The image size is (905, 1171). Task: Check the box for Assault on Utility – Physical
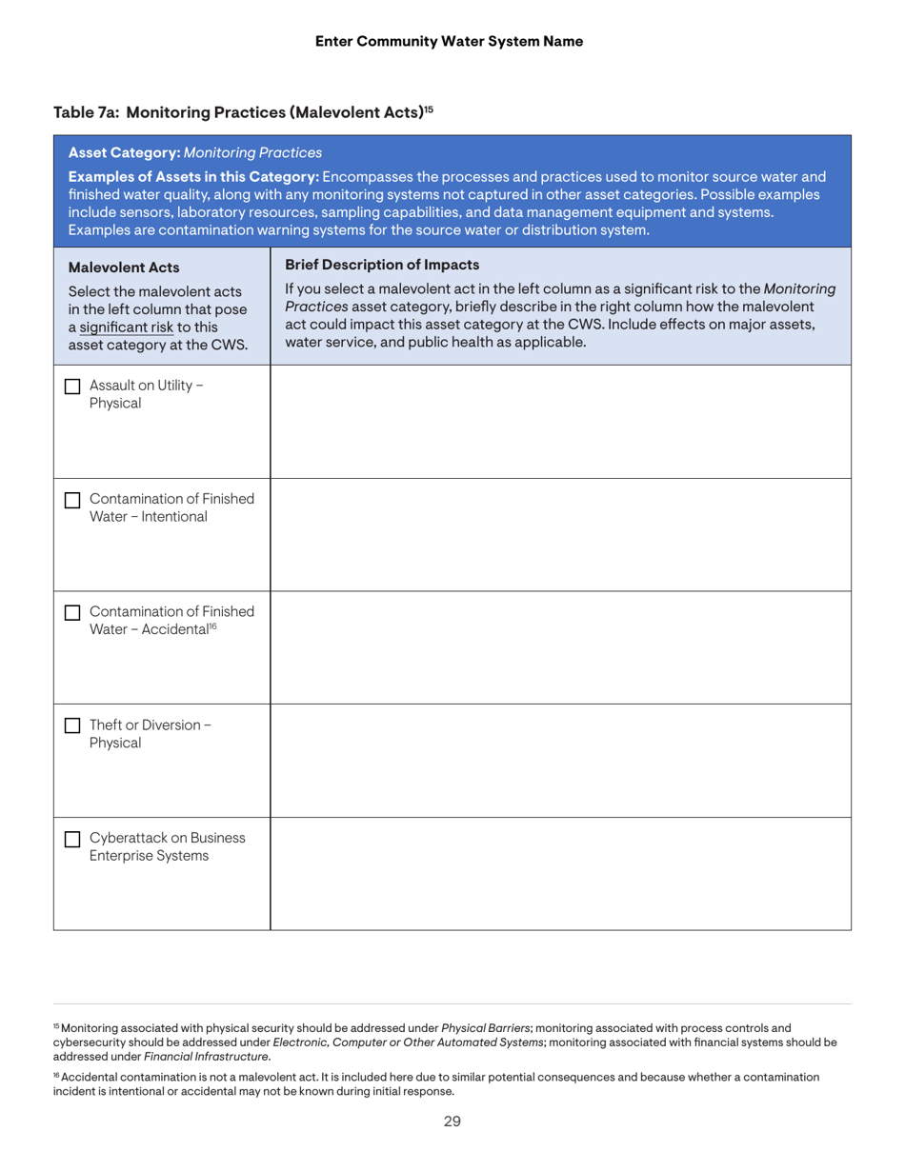[x=71, y=386]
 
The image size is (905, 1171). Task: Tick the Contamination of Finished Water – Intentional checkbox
[x=71, y=499]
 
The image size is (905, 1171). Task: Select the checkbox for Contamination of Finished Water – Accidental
[x=71, y=611]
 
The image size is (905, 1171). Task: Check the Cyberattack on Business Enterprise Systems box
[x=71, y=838]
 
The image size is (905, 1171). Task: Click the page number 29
[x=452, y=1121]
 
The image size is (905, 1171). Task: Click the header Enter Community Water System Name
[x=449, y=41]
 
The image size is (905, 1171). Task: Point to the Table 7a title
[x=243, y=112]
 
